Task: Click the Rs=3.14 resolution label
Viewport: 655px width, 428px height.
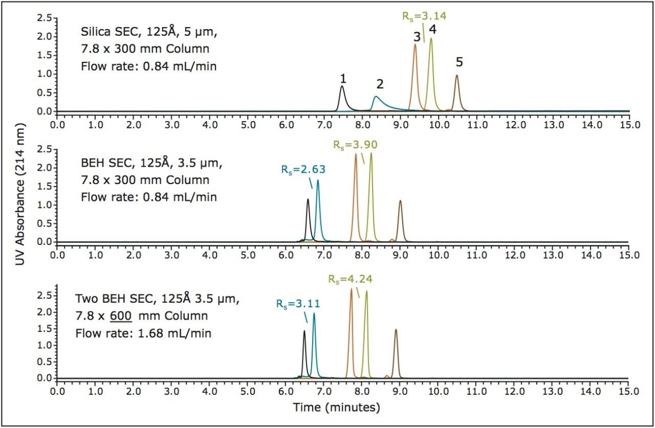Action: tap(424, 16)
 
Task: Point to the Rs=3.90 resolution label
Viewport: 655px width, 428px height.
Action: tap(355, 145)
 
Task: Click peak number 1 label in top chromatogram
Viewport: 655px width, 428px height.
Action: tap(343, 79)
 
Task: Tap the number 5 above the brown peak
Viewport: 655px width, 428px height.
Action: tap(459, 62)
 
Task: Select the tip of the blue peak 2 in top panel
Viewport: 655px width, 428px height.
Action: tap(377, 97)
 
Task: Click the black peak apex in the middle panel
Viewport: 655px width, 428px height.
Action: tap(308, 199)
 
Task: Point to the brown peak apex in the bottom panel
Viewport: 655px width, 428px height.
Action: tap(396, 330)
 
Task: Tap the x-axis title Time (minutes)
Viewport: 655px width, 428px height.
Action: tap(336, 408)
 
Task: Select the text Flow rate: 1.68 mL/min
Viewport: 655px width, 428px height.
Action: tap(143, 333)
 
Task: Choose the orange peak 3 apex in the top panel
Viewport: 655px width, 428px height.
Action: tap(415, 44)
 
